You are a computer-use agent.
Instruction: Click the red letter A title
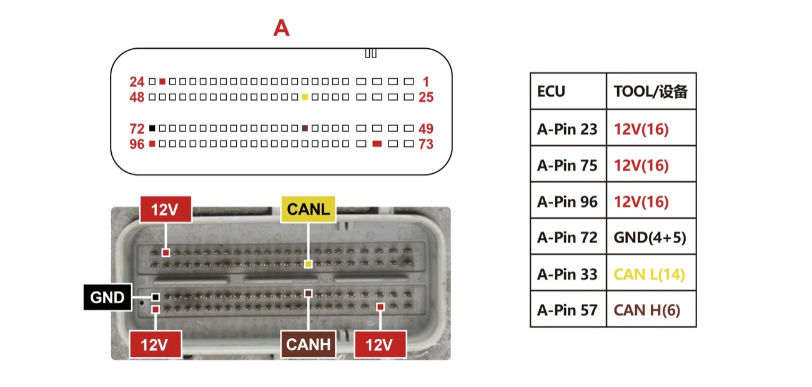(281, 28)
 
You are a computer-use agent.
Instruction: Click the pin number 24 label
(137, 82)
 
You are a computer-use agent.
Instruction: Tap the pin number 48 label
(137, 97)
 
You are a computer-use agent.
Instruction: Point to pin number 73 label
(426, 144)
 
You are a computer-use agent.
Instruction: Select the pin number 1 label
(426, 82)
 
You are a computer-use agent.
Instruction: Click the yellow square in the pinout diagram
(305, 97)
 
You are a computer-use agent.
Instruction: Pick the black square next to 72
(152, 128)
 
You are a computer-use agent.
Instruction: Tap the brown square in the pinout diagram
(305, 128)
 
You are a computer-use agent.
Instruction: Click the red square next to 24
(162, 82)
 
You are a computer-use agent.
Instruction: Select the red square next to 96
(152, 144)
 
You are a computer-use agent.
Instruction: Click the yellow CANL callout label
(308, 209)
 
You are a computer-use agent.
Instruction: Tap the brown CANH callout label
(308, 344)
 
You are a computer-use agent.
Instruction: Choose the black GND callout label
(107, 298)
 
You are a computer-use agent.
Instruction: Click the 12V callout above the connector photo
(166, 209)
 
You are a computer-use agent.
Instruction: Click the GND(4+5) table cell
(651, 236)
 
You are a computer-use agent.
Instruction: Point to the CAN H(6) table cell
(651, 309)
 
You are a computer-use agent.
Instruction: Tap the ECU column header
(568, 91)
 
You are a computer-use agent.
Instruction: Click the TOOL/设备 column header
(651, 91)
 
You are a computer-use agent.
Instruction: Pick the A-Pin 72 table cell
(568, 236)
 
